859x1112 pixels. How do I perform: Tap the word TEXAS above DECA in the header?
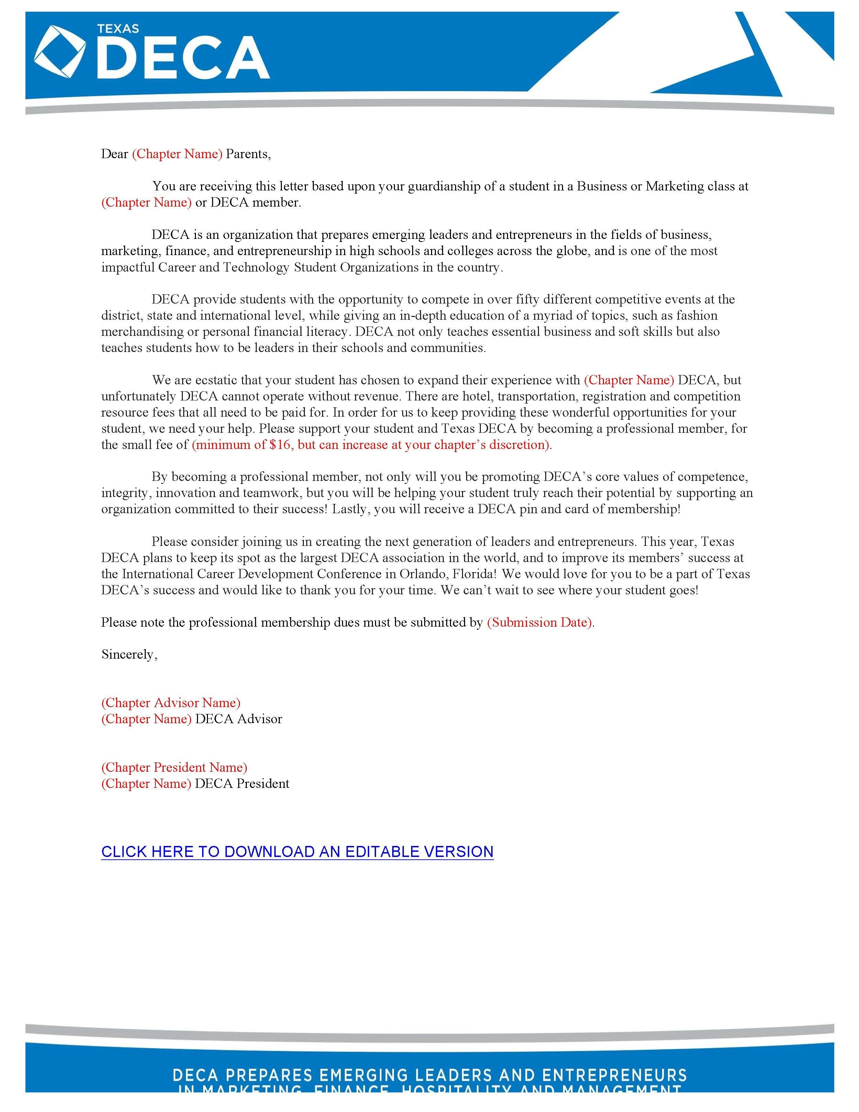(118, 29)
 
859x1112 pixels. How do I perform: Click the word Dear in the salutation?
(114, 154)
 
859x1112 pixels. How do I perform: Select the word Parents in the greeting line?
(246, 154)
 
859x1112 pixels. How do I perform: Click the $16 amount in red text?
(280, 444)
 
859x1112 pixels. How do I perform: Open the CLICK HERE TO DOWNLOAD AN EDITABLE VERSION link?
(297, 852)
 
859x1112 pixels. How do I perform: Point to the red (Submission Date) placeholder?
(539, 622)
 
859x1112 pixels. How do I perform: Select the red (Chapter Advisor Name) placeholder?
(170, 703)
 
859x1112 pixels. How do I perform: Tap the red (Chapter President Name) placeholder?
(174, 767)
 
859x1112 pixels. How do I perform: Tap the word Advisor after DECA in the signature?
(260, 719)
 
